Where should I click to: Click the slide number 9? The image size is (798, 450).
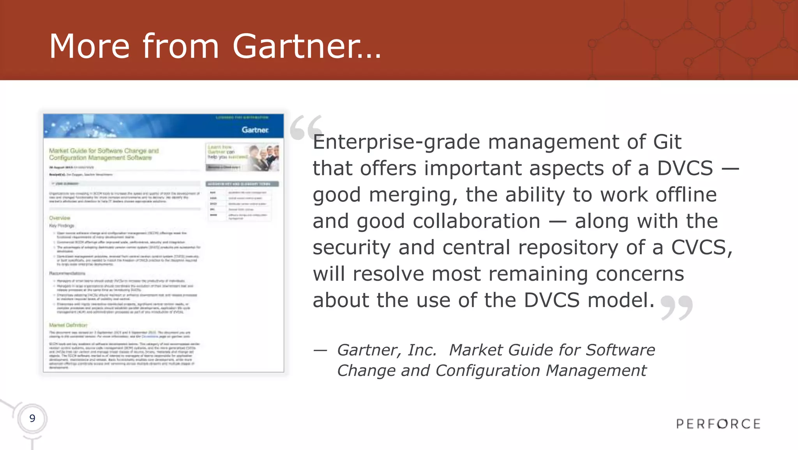click(32, 418)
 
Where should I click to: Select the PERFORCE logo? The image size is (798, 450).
click(718, 424)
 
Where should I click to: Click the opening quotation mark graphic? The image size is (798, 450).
click(306, 127)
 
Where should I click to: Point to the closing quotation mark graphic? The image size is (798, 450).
click(677, 308)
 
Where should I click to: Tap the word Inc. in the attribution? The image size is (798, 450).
click(422, 350)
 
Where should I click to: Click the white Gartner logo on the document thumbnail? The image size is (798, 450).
click(255, 130)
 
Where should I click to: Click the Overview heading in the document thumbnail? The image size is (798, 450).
click(60, 218)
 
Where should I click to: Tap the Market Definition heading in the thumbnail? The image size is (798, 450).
click(68, 325)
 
